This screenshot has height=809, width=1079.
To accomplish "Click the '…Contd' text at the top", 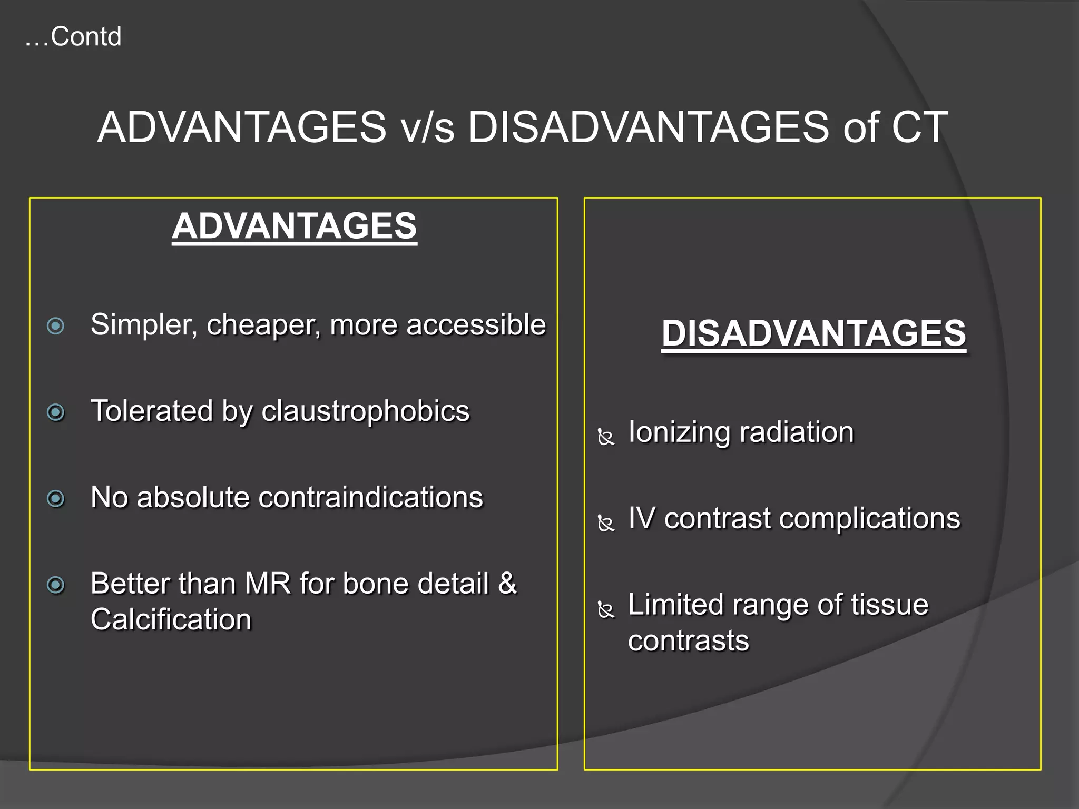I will (73, 37).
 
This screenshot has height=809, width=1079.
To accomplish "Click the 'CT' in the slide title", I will (919, 127).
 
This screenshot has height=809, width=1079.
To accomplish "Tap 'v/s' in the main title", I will (427, 127).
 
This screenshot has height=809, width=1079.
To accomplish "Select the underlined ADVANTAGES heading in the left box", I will (295, 226).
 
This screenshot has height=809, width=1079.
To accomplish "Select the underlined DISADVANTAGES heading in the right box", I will (813, 333).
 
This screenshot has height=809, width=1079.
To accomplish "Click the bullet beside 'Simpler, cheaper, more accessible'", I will (55, 326).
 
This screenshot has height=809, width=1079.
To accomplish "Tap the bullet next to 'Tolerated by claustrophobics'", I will (55, 412).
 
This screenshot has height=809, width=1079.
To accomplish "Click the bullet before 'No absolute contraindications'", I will (55, 498).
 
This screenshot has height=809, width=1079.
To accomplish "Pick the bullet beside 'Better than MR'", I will (55, 585).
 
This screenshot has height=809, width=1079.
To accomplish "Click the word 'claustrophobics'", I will (365, 411).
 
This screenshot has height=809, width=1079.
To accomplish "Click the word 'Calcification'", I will (171, 619).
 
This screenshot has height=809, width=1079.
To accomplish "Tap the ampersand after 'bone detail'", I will (507, 584).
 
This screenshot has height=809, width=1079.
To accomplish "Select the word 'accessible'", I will (476, 324).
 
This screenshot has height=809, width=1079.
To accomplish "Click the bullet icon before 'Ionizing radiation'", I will (606, 437).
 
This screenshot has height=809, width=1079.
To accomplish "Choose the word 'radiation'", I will (797, 432).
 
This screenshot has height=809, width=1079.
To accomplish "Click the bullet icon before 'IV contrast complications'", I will (606, 523).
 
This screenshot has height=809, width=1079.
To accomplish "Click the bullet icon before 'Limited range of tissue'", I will (606, 609).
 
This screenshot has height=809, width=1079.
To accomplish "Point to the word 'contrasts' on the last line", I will (688, 641).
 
